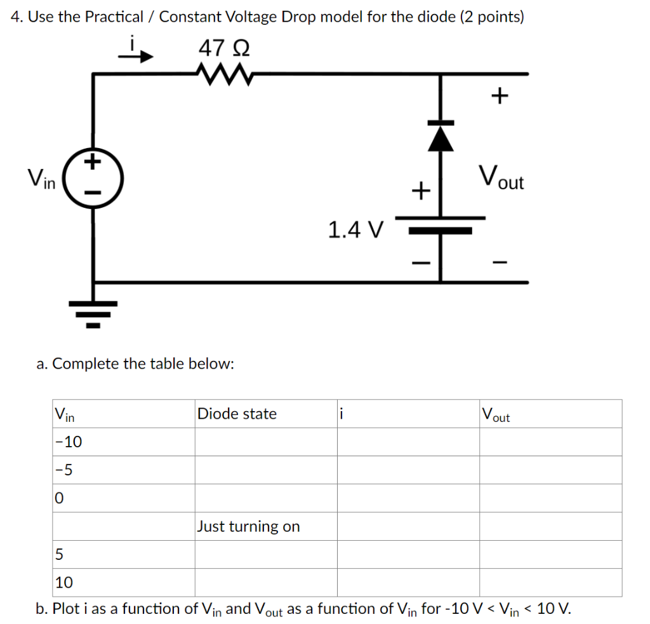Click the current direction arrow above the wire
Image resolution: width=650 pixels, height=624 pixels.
tap(137, 56)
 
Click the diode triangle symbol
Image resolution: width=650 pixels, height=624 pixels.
tap(441, 137)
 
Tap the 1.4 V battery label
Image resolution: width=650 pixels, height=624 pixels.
tap(356, 229)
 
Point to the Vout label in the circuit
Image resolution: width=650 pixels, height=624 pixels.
tap(501, 177)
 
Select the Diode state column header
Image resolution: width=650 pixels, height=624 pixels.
tap(237, 414)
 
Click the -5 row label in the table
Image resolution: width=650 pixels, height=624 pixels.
tap(64, 470)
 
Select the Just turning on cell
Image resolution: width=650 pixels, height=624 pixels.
tap(248, 526)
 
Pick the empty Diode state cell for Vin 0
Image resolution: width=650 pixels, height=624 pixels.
tap(265, 498)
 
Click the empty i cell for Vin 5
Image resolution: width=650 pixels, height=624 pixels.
tap(408, 554)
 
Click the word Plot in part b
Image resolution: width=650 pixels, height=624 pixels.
tap(65, 609)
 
